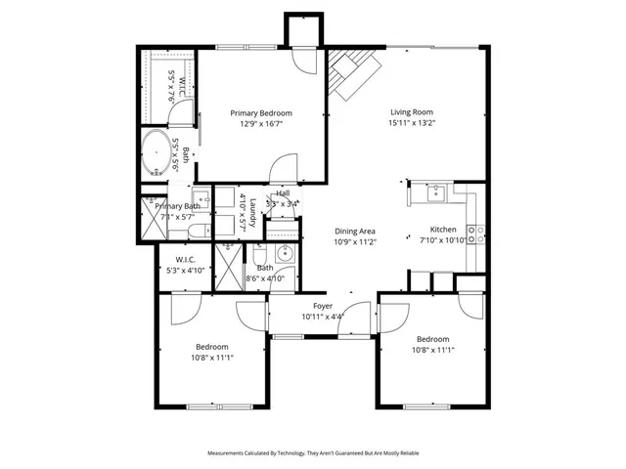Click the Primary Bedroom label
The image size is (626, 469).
(261, 113)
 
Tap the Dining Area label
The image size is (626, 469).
(355, 232)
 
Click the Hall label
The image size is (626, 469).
(283, 193)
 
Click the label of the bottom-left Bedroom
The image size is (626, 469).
(211, 347)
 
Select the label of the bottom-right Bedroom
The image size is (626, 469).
(432, 339)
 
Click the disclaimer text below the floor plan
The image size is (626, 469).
(313, 453)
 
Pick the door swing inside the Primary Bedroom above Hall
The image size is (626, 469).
(284, 167)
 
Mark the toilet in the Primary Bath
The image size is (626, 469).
(195, 232)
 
